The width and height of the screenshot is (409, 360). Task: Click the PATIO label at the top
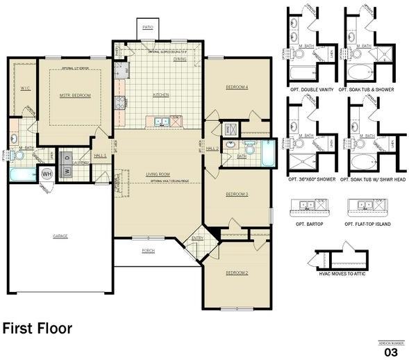[x=147, y=27]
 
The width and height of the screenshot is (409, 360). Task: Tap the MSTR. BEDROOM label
[x=75, y=95]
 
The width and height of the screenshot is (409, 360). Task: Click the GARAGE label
[x=60, y=236]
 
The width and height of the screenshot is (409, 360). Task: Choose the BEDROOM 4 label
[x=236, y=87]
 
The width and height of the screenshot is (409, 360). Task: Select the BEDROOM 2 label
[x=236, y=273]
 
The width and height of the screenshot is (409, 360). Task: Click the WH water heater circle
[x=47, y=174]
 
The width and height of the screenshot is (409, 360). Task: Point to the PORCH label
[x=148, y=252]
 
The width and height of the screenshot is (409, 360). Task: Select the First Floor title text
[x=37, y=328]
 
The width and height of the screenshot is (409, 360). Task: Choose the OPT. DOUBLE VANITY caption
[x=309, y=90]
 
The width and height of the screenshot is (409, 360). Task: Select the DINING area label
[x=180, y=59]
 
